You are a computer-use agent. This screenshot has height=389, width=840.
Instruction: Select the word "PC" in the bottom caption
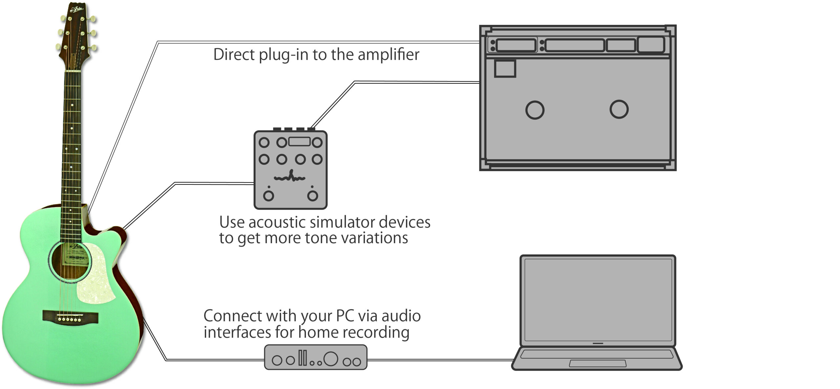pyautogui.click(x=345, y=316)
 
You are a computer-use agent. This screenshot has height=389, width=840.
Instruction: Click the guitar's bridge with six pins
pyautogui.click(x=70, y=316)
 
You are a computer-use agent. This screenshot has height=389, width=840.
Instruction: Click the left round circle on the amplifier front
pyautogui.click(x=535, y=110)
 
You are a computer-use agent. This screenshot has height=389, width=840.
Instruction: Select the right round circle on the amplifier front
pyautogui.click(x=619, y=109)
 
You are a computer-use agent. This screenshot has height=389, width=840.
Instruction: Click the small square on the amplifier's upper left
pyautogui.click(x=505, y=68)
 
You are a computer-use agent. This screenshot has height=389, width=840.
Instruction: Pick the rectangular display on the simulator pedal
pyautogui.click(x=299, y=142)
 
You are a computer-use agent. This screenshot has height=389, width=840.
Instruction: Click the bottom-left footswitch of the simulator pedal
pyautogui.click(x=268, y=196)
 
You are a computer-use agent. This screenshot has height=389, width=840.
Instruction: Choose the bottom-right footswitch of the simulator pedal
pyautogui.click(x=312, y=196)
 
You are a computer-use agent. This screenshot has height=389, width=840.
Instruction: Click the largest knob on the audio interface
pyautogui.click(x=330, y=358)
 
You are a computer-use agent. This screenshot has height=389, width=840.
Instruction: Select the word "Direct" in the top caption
pyautogui.click(x=234, y=55)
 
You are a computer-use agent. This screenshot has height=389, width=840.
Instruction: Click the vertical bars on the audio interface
pyautogui.click(x=303, y=358)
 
